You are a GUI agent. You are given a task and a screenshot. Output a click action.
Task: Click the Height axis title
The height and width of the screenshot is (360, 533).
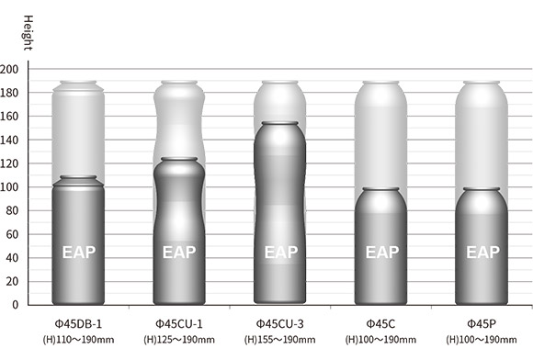click(28, 33)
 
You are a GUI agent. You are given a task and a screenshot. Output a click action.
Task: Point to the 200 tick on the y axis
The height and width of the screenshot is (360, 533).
click(9, 69)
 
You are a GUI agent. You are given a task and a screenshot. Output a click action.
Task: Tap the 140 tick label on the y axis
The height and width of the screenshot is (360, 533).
click(9, 140)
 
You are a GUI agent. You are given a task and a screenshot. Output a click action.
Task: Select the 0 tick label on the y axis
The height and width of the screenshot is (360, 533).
click(15, 305)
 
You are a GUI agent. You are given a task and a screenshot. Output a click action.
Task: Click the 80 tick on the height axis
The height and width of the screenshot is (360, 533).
click(12, 210)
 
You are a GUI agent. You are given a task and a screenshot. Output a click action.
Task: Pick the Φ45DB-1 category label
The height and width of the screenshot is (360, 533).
click(78, 324)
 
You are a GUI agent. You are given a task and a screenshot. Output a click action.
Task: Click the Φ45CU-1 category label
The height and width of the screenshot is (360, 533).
click(179, 324)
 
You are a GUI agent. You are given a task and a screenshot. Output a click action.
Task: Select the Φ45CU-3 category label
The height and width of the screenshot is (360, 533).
click(279, 324)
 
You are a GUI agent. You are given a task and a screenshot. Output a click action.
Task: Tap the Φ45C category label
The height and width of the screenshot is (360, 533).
click(380, 324)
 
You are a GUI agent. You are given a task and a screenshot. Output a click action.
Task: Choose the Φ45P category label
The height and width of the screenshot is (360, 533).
click(482, 324)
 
